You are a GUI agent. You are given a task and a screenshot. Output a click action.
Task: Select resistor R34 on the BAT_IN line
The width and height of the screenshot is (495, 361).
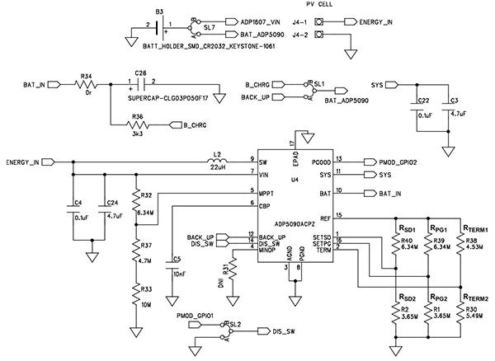tap(87, 84)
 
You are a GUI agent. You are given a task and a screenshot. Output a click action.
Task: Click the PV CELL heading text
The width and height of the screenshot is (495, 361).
tap(346, 5)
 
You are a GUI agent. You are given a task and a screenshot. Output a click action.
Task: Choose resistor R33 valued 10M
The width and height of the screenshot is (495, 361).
tap(137, 292)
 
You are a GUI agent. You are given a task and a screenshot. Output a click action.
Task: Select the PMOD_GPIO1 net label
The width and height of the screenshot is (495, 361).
tap(195, 316)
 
